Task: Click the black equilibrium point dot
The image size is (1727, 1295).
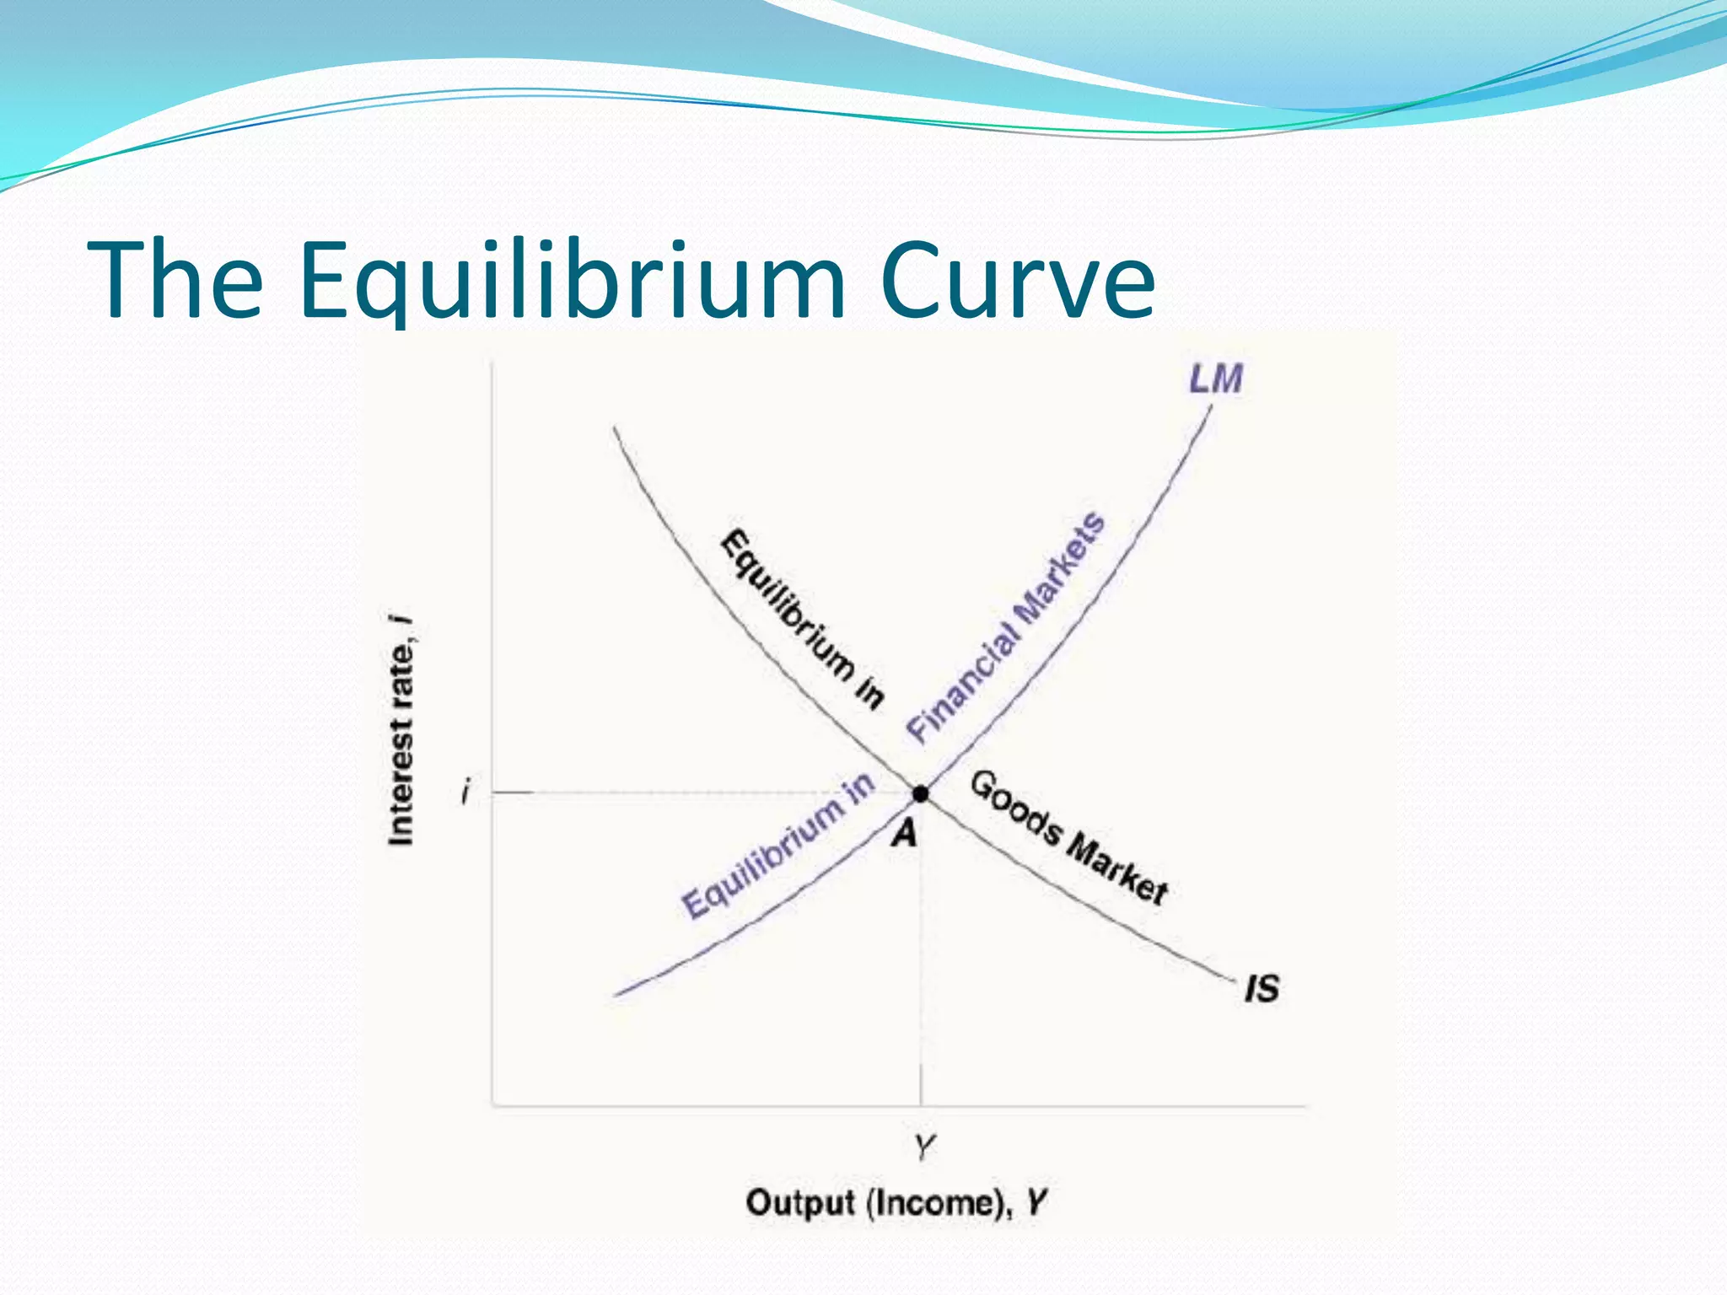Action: [x=921, y=793]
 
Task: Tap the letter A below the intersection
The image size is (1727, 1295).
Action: [x=904, y=834]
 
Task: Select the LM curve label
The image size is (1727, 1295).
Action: [x=1216, y=379]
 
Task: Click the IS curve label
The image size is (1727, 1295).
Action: [x=1262, y=988]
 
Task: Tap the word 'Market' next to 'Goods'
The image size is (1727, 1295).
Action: [x=1118, y=872]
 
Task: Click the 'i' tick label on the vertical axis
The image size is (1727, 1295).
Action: [x=465, y=793]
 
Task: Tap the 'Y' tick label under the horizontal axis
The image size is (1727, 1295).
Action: [x=924, y=1147]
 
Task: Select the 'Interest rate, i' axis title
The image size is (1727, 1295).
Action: [x=401, y=730]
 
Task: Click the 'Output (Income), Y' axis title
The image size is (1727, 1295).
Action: [x=896, y=1202]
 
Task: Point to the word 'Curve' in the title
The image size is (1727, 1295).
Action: [x=1017, y=280]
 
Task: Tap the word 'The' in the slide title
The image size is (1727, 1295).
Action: [x=175, y=280]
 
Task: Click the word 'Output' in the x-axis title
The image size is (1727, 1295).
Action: [x=799, y=1202]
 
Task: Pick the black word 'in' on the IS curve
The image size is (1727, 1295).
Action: [x=870, y=693]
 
